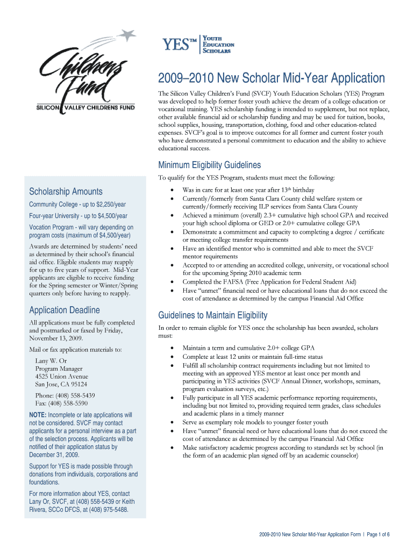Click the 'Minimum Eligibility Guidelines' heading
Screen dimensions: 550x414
point(209,165)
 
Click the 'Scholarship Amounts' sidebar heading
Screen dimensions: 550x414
point(65,192)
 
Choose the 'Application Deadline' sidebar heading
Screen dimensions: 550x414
point(64,310)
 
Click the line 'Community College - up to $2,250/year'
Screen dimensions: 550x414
point(77,205)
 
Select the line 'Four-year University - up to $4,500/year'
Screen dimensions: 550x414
point(78,216)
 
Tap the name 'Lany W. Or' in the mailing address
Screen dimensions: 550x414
point(51,360)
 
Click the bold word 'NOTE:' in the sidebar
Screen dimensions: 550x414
point(38,415)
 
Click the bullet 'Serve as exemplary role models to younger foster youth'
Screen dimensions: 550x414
point(255,422)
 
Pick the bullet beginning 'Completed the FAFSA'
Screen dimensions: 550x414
point(268,281)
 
